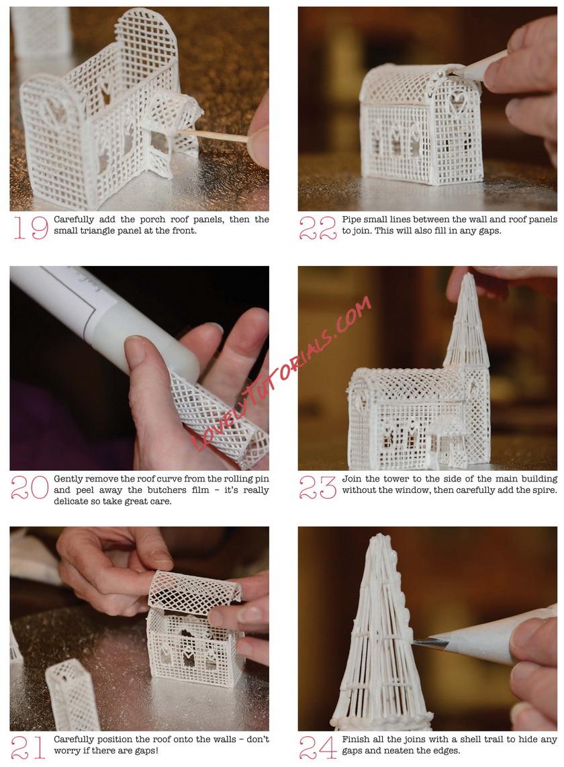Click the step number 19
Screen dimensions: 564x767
tap(30, 228)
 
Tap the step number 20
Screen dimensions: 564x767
tap(30, 487)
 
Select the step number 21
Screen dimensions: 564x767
tap(28, 748)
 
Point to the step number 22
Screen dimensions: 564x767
tap(318, 228)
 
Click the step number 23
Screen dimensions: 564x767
tap(318, 488)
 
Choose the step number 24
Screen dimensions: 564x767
tap(318, 748)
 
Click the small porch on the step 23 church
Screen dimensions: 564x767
tap(446, 440)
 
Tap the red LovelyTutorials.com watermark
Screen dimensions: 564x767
tap(281, 373)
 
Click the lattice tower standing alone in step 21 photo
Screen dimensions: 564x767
tap(73, 694)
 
